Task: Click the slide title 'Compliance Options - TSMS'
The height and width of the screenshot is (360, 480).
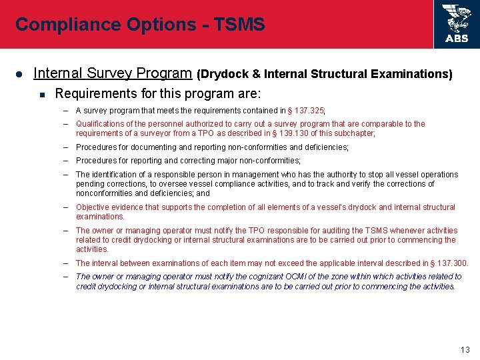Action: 140,25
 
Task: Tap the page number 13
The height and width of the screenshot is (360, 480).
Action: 465,350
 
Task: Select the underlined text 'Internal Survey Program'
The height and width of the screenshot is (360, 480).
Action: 113,73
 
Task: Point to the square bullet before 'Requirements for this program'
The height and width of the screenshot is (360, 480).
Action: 42,94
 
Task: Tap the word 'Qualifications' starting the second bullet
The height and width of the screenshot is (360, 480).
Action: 101,124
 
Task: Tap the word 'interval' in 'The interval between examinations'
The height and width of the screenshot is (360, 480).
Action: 106,263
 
